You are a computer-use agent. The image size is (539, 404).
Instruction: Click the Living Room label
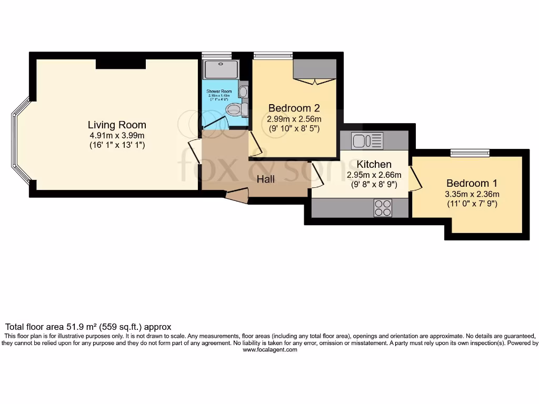tap(117, 125)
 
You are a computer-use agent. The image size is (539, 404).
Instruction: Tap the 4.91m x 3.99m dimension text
tap(117, 135)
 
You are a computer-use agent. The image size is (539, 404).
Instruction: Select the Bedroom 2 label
tap(294, 108)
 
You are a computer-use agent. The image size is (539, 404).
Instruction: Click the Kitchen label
tap(374, 165)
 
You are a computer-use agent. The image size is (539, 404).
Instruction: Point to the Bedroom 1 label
tap(472, 183)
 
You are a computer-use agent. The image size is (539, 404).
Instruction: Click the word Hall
tap(266, 179)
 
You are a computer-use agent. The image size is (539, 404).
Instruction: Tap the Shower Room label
tap(219, 91)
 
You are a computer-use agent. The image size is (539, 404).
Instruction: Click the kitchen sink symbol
tap(367, 141)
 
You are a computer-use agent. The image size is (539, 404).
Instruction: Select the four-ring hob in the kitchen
tap(383, 208)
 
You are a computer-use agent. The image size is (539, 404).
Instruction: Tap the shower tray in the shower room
tap(221, 69)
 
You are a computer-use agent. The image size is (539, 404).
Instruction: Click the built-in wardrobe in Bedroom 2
tap(315, 70)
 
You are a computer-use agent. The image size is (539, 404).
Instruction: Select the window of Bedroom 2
tap(273, 55)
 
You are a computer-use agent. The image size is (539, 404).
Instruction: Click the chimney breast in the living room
tap(121, 64)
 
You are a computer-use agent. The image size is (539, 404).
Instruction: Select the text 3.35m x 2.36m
tap(472, 194)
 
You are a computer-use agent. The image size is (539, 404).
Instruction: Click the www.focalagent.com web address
tap(269, 350)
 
